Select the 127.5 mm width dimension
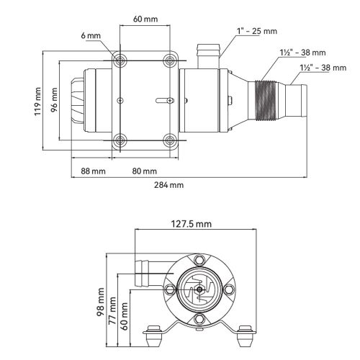point(186,224)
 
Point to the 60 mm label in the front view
point(126,316)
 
